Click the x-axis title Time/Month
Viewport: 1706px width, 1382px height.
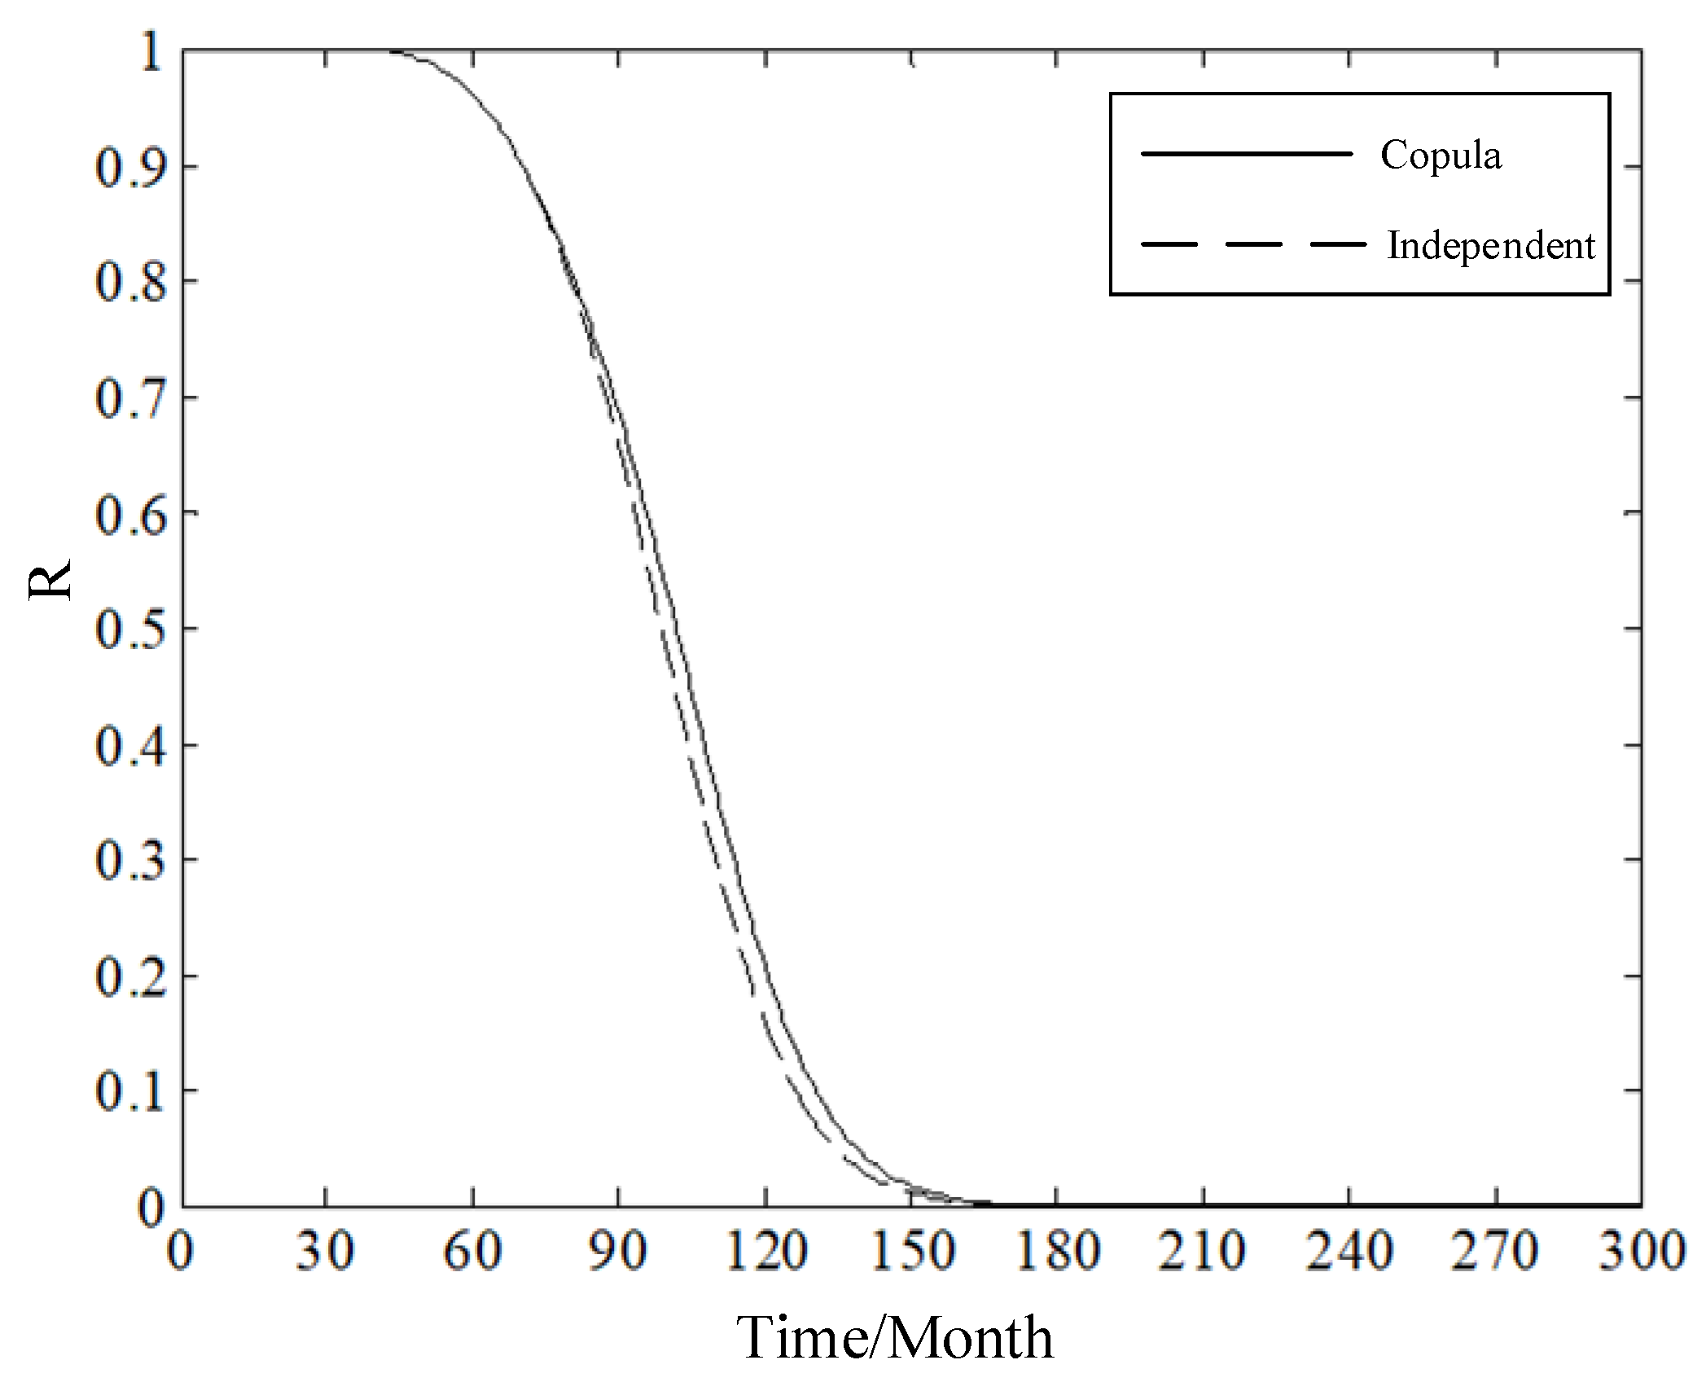pos(894,1337)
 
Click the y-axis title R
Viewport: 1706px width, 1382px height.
pos(50,579)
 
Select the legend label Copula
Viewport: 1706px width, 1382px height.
pos(1441,155)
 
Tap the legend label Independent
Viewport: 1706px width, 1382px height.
pos(1490,245)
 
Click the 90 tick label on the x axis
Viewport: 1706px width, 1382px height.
pos(618,1252)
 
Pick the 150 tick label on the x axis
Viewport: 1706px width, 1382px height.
pos(911,1252)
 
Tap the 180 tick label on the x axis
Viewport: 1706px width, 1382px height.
pos(1057,1252)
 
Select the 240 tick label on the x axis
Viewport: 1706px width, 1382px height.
pos(1349,1252)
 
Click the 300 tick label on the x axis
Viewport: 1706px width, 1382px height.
pos(1641,1252)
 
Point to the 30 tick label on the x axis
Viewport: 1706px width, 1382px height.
pos(325,1252)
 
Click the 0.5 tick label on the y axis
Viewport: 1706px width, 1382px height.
pos(130,630)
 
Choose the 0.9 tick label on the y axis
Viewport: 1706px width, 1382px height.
pos(130,168)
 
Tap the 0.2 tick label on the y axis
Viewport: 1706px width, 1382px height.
pos(130,976)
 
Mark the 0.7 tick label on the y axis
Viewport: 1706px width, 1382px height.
pos(130,399)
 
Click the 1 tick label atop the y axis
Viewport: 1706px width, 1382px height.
pos(151,54)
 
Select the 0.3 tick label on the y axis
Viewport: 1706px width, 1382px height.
pos(130,861)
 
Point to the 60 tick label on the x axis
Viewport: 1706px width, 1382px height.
pos(471,1252)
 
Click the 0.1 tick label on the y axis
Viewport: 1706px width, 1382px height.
pos(130,1091)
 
